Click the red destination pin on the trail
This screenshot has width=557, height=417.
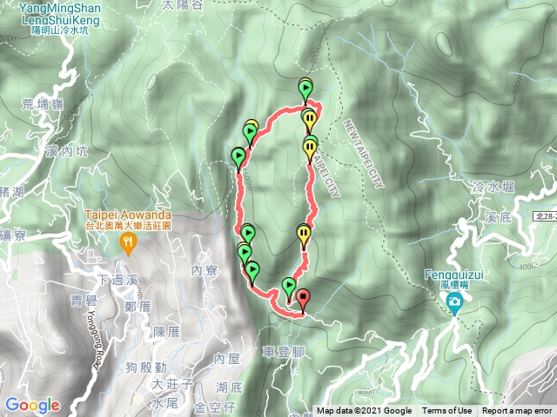(303, 300)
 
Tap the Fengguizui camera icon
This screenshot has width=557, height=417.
(454, 302)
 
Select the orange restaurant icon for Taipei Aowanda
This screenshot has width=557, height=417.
(129, 243)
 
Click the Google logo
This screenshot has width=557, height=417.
(32, 405)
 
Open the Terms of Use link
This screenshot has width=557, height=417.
(446, 411)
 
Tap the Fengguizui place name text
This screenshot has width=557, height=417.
(454, 273)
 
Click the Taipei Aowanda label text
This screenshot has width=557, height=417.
(128, 215)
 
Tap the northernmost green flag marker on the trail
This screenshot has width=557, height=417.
(305, 87)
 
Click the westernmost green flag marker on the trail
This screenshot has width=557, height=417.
(238, 156)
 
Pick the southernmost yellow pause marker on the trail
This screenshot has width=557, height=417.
(303, 233)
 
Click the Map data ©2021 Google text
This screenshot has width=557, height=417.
(364, 411)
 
